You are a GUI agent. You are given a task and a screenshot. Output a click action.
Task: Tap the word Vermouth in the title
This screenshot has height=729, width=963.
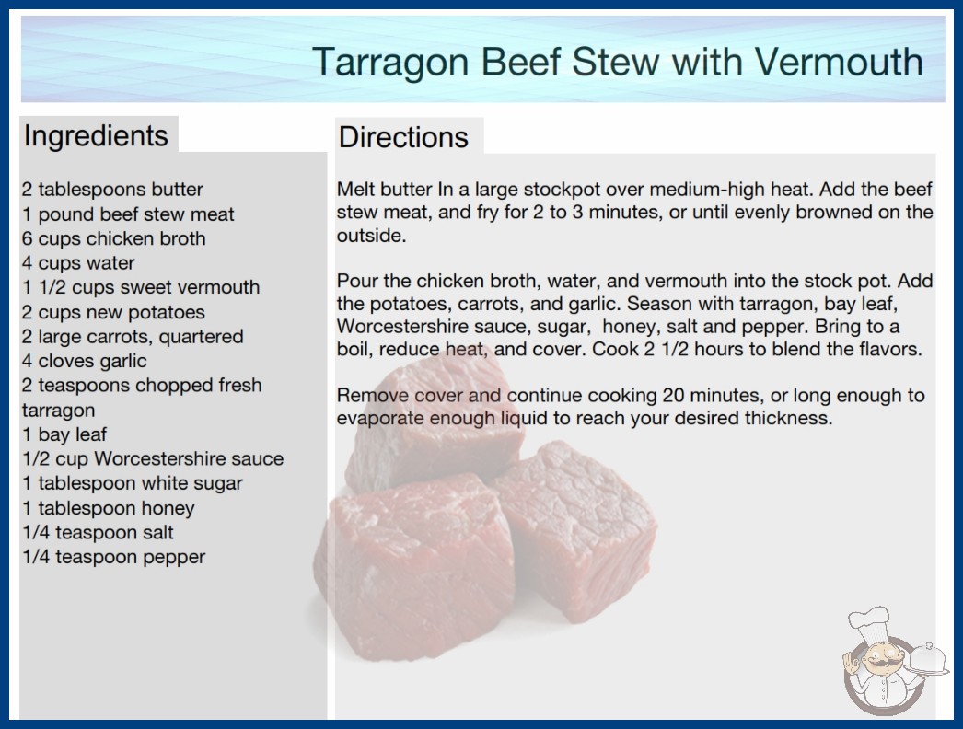839,62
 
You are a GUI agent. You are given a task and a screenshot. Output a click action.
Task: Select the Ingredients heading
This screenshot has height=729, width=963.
96,136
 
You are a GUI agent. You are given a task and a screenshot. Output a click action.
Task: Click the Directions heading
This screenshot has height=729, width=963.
403,137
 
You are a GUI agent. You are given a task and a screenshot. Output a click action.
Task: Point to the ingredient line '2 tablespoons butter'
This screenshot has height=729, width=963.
112,190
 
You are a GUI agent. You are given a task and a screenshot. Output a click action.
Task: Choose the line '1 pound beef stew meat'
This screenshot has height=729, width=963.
128,214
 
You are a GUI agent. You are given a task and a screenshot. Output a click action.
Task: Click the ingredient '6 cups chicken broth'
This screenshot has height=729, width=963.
113,238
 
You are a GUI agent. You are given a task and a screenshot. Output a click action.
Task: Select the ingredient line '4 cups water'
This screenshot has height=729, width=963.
78,263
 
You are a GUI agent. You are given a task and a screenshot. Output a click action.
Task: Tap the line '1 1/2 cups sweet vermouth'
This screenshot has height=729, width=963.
141,287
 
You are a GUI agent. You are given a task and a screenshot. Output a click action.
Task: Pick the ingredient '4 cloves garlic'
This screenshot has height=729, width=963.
84,361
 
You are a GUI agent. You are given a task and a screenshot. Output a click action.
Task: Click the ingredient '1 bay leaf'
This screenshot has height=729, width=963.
64,434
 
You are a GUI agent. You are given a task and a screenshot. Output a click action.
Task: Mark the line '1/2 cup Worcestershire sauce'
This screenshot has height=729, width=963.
153,458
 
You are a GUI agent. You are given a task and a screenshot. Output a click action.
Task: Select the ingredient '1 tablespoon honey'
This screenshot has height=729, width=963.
108,508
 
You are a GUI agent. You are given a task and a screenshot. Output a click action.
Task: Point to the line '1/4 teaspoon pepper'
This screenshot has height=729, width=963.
113,557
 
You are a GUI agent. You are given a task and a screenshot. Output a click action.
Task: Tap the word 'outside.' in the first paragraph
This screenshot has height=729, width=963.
372,236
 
